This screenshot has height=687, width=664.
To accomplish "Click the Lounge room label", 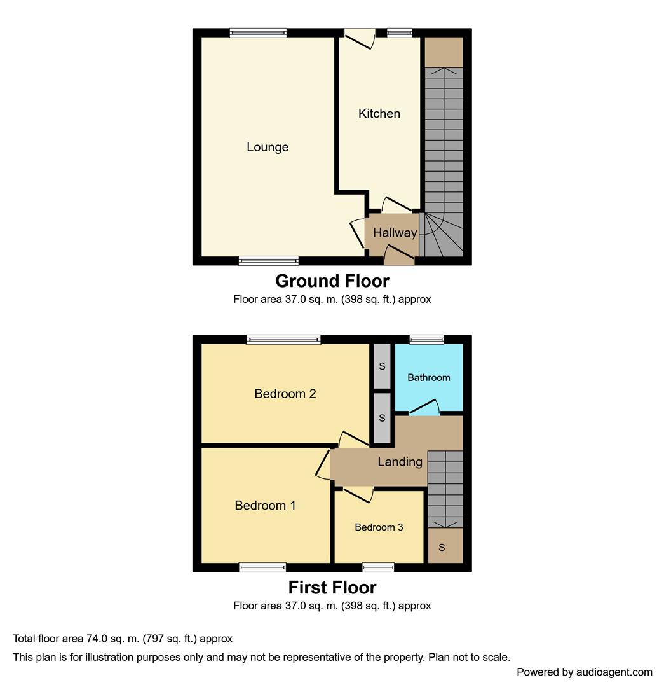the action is pyautogui.click(x=268, y=147).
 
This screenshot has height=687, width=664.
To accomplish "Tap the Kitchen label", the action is pyautogui.click(x=379, y=113).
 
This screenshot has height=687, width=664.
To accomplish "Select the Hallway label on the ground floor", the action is pyautogui.click(x=395, y=233).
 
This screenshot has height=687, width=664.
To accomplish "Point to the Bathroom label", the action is pyautogui.click(x=428, y=377).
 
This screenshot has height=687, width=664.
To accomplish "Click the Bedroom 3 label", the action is pyautogui.click(x=379, y=527).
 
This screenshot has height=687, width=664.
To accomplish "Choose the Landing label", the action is pyautogui.click(x=400, y=461).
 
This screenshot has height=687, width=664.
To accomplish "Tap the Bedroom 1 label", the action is pyautogui.click(x=265, y=505).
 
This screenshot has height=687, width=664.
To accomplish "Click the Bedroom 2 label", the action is pyautogui.click(x=285, y=394).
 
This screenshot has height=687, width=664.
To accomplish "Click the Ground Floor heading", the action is pyautogui.click(x=332, y=281).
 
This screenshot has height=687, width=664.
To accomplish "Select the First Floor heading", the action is pyautogui.click(x=332, y=587).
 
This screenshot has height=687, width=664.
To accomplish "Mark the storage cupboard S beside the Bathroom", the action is pyautogui.click(x=382, y=366).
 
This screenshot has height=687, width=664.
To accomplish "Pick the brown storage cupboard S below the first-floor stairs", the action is pyautogui.click(x=445, y=546).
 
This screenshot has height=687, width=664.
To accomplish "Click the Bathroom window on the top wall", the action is pyautogui.click(x=426, y=339).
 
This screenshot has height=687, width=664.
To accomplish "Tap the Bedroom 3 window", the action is pyautogui.click(x=378, y=567).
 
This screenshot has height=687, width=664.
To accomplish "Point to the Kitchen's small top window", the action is pyautogui.click(x=400, y=33).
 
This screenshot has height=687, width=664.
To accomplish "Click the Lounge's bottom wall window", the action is pyautogui.click(x=269, y=261).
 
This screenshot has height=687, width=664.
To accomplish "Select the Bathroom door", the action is pyautogui.click(x=424, y=407).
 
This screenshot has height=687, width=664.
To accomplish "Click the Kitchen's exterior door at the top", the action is pyautogui.click(x=360, y=38).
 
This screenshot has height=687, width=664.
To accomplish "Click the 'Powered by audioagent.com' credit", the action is pyautogui.click(x=585, y=672).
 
